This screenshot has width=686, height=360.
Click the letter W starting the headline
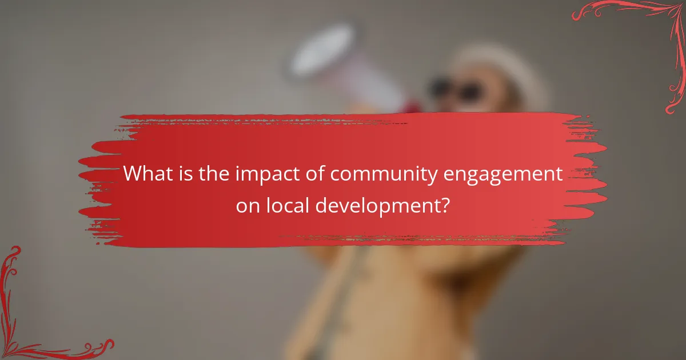click(133, 174)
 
